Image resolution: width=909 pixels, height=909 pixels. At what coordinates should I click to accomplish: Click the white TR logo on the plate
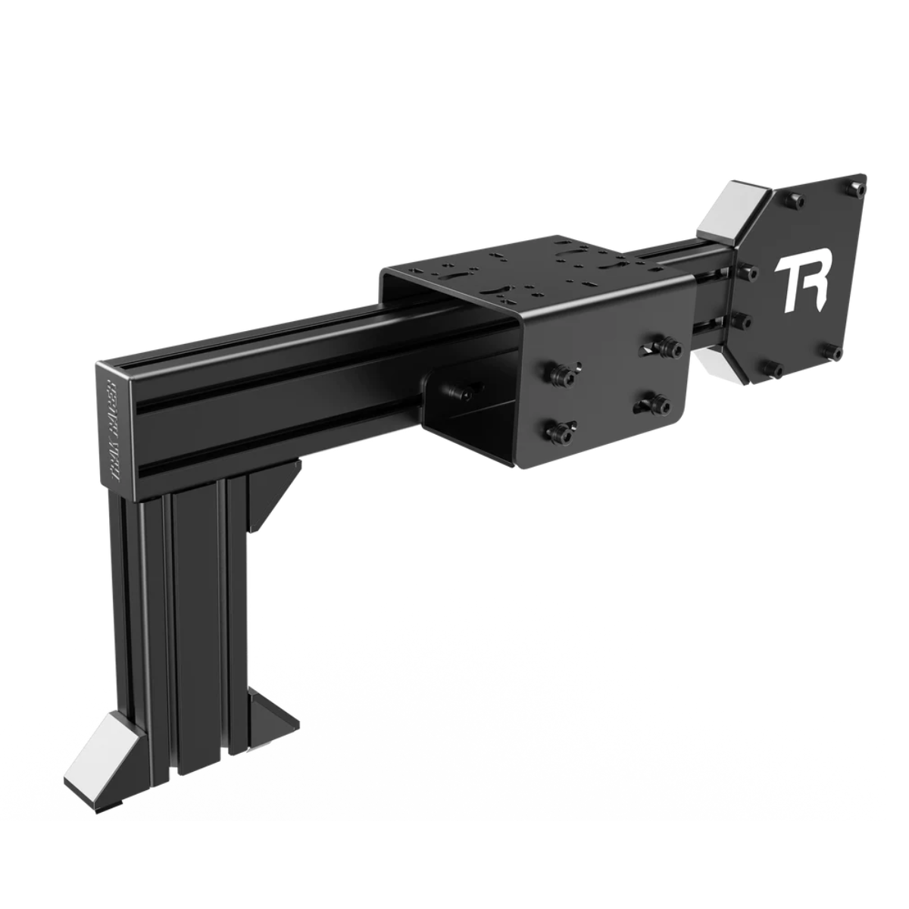801,286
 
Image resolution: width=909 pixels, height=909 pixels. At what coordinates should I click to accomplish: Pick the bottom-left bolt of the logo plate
776,370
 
